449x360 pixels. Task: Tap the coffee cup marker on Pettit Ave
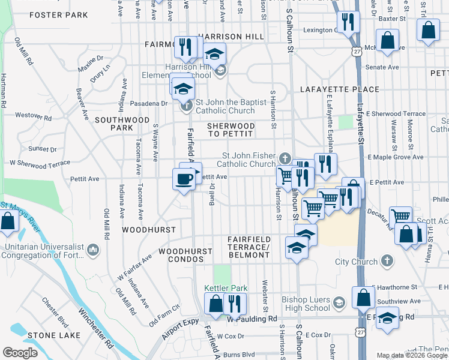tap(184, 178)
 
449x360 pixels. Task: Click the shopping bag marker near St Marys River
tap(8, 221)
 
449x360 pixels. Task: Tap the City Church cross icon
tap(388, 262)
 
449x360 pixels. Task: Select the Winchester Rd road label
tap(95, 328)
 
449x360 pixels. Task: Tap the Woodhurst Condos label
tap(185, 256)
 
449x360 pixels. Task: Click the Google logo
tap(20, 352)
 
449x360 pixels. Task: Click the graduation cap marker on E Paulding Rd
tap(387, 320)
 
